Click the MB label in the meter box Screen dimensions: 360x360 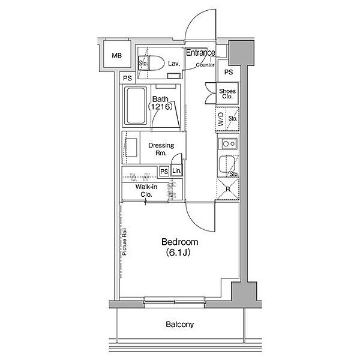pos(116,55)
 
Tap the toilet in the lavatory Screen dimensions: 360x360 pos(151,62)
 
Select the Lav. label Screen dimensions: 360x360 pos(174,64)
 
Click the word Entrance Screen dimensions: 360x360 pos(200,53)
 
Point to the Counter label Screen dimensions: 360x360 pos(205,65)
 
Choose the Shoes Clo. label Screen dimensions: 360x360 pos(227,94)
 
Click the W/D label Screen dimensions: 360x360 pos(221,119)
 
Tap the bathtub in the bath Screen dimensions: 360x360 pos(136,106)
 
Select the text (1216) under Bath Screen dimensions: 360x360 pos(160,107)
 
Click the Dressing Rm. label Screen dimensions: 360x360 pos(161,149)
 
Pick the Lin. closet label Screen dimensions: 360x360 pos(177,170)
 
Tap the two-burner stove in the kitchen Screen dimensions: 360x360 pos(228,144)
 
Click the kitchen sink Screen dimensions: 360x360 pos(227,164)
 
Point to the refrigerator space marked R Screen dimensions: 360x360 pos(228,189)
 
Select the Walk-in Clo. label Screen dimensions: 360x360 pos(146,191)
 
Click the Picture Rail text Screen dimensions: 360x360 pos(124,242)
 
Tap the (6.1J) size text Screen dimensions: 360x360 pos(178,253)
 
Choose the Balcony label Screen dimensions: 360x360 pos(180,325)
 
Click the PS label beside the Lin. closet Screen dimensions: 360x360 pos(164,172)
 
